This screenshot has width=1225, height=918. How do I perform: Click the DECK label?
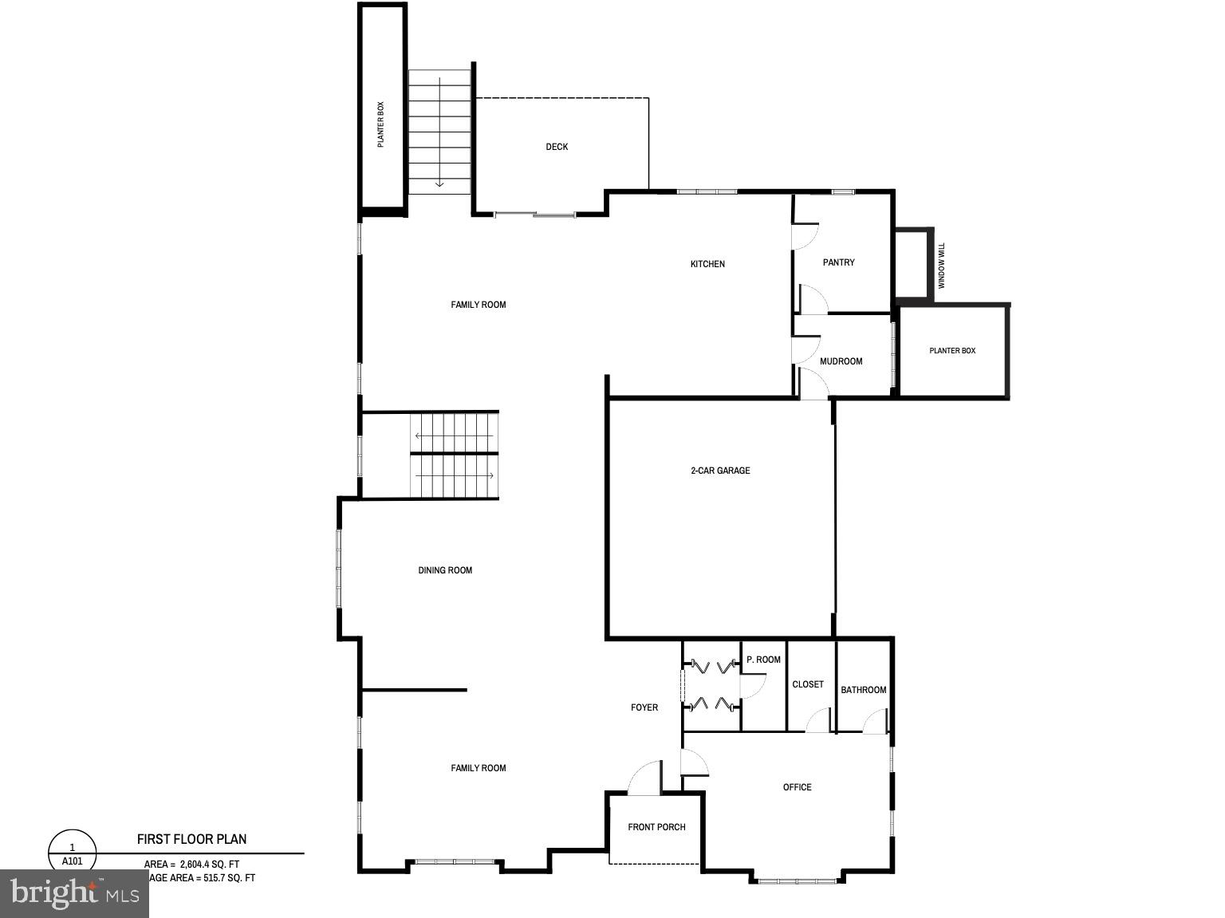pos(557,147)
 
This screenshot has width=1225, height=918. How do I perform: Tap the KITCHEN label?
pos(707,264)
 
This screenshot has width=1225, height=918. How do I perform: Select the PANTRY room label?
pos(838,262)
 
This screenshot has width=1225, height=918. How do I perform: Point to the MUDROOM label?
pos(841,361)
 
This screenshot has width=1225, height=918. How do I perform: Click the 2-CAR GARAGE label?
pos(720,471)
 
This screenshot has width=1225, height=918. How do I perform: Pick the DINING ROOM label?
pos(445,570)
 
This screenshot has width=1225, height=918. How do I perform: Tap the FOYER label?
pos(644,707)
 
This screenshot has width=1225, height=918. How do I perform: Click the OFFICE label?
pos(797,787)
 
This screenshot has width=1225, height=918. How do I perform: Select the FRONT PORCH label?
pos(656,827)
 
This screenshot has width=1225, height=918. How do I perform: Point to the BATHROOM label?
pos(863,690)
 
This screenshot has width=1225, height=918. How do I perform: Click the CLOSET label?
pos(808,684)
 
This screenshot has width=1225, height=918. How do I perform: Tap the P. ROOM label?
pos(763,660)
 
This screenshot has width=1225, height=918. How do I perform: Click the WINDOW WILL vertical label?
pos(941,266)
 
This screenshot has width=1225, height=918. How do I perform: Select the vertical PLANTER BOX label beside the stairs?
pos(380,124)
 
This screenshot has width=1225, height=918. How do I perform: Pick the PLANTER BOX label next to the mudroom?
pos(952,351)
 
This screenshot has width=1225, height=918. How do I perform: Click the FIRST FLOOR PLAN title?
pos(191,839)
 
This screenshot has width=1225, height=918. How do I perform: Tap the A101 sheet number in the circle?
pos(72,861)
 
